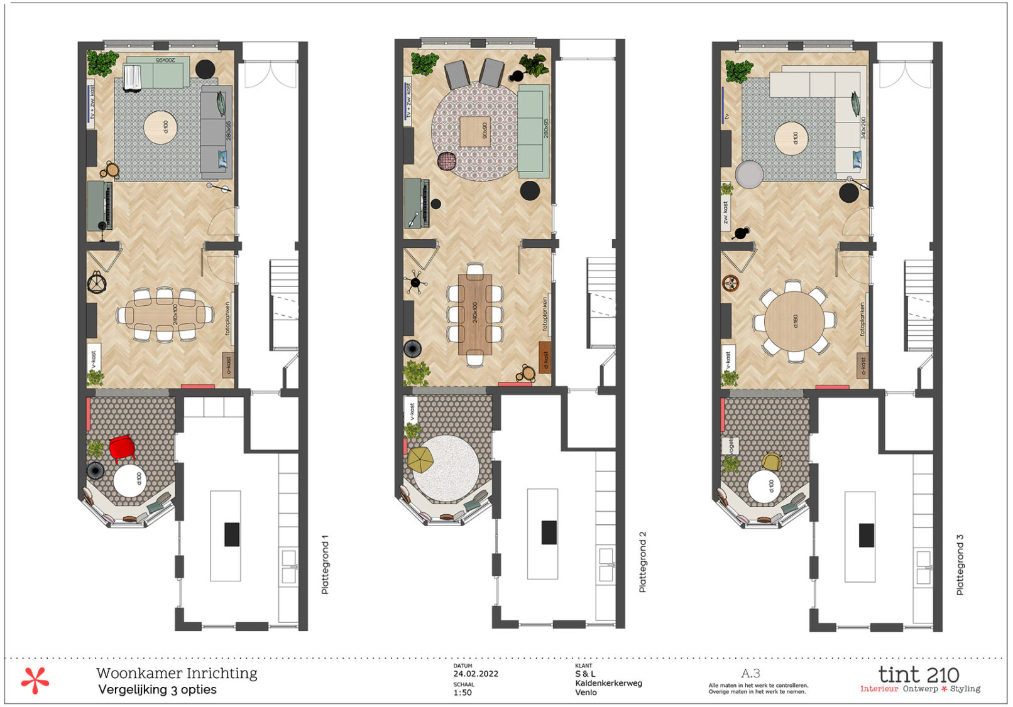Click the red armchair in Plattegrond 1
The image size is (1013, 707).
(x=122, y=448)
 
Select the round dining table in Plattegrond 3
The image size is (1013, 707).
(x=794, y=321)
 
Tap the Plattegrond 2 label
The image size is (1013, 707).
(x=642, y=562)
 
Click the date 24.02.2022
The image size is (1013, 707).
(x=476, y=674)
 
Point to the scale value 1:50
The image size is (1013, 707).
(x=463, y=693)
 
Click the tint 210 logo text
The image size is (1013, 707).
(x=918, y=675)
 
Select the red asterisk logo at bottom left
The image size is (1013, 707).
(x=35, y=681)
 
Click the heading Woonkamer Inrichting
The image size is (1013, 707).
(x=177, y=673)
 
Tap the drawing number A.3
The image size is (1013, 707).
(x=751, y=673)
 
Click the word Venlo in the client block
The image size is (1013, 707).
(x=586, y=693)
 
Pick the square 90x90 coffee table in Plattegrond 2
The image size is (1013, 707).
(x=475, y=132)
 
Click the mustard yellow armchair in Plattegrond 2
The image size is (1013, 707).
(x=420, y=459)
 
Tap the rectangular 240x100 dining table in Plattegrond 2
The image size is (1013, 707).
(x=475, y=314)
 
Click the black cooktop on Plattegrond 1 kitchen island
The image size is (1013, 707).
(x=232, y=534)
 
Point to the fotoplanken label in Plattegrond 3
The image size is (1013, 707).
(x=862, y=319)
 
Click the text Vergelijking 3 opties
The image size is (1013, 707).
(x=157, y=689)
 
